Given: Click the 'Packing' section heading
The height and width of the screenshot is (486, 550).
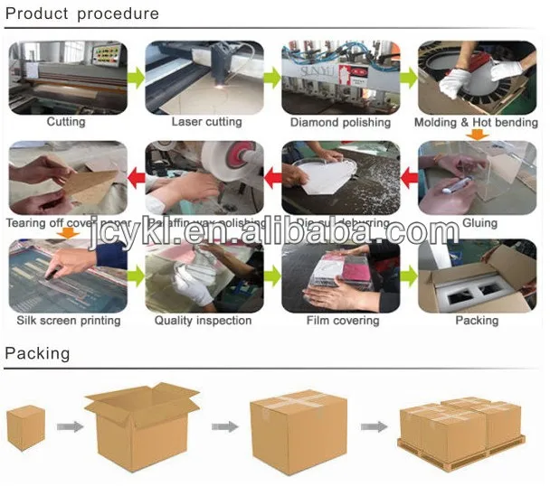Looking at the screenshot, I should (37, 353).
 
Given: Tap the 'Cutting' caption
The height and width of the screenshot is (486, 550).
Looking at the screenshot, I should (66, 122).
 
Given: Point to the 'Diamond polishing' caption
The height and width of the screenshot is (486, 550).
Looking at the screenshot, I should (341, 122).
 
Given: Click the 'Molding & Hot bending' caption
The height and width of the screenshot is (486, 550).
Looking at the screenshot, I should (477, 122).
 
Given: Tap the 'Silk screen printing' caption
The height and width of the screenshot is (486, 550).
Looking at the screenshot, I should (69, 321).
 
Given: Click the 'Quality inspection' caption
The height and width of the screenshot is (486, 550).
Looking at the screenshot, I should (205, 321).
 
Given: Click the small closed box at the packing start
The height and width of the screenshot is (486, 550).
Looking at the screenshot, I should (26, 428).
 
